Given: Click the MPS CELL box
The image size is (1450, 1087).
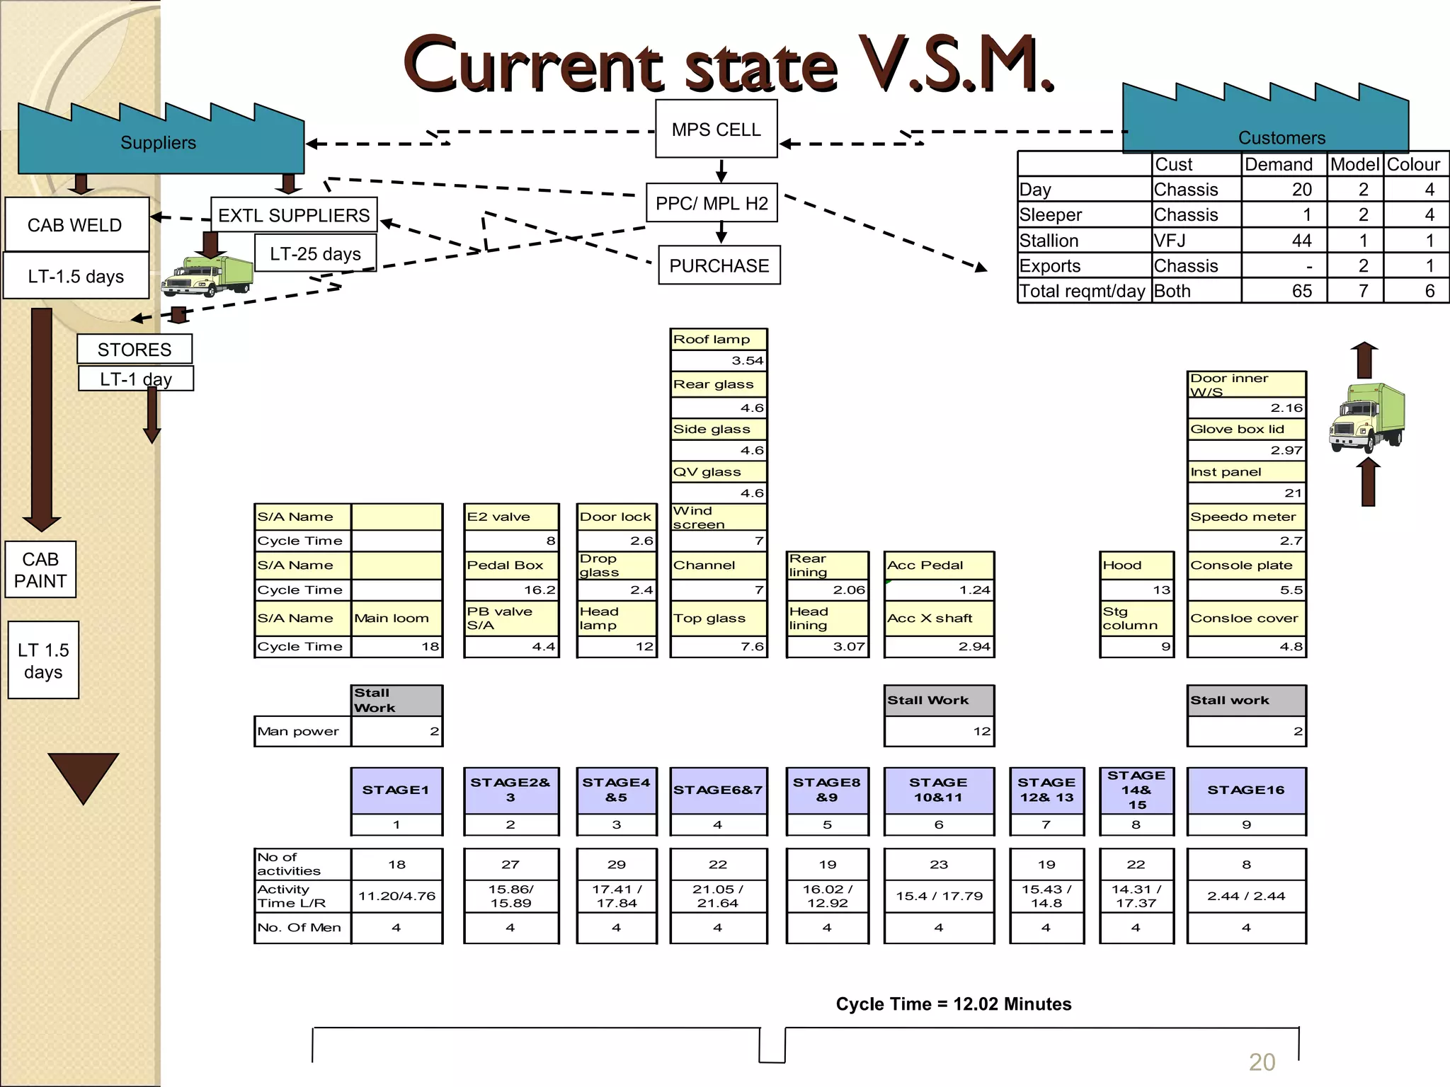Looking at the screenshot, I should point(716,129).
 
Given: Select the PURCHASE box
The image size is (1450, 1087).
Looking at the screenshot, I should point(719,265).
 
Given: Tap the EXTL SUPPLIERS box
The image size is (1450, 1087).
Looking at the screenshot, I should point(294,215).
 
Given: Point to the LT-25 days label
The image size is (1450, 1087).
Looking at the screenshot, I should point(315,253).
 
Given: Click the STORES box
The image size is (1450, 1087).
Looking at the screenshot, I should point(135,350).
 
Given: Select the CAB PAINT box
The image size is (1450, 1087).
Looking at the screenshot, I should point(40,570).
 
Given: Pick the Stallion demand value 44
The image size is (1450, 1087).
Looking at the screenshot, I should point(1301,241).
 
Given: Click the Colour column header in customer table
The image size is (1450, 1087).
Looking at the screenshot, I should point(1413,164).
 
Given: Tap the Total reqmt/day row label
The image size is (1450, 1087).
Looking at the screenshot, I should point(1082,291).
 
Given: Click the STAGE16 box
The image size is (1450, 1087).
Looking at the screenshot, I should point(1245,790).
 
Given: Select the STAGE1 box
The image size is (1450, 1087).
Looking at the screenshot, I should point(396,790).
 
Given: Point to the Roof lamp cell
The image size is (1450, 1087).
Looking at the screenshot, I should point(718,339).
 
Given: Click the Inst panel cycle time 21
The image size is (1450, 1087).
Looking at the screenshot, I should point(1246,493).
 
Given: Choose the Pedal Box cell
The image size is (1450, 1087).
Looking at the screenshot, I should point(511,565).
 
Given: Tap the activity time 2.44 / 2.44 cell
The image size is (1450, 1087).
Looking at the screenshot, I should point(1245,896).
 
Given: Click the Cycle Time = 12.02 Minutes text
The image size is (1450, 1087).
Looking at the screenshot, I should point(953,1003).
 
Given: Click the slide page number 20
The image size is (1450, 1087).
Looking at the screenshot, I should point(1262,1062).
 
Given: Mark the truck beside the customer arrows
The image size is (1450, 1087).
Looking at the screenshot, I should point(1367,418).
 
